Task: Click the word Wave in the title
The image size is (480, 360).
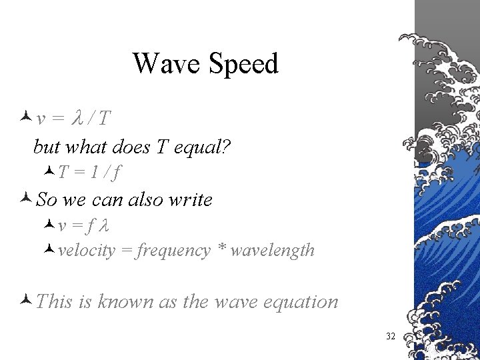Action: click(158, 64)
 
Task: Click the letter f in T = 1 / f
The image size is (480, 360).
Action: click(117, 173)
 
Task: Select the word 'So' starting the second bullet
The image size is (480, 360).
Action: click(47, 199)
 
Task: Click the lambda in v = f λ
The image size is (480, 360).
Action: click(103, 226)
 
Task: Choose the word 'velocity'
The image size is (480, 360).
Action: click(86, 251)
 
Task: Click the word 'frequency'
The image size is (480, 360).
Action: click(173, 251)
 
